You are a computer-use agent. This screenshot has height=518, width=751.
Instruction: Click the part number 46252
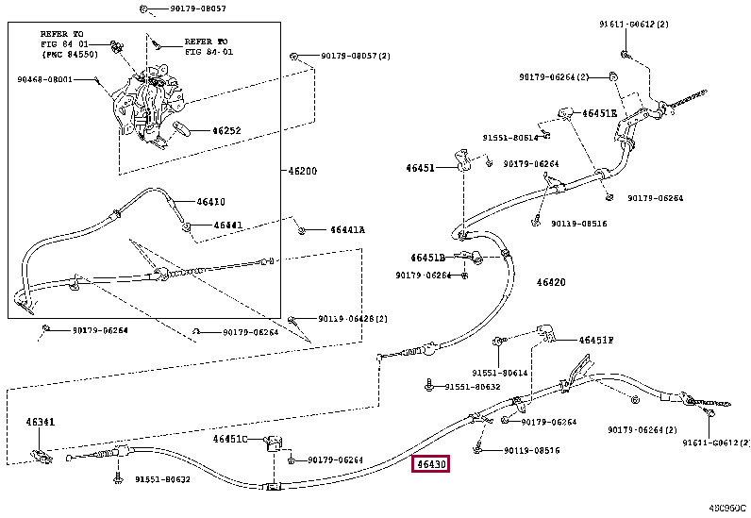[x=227, y=131]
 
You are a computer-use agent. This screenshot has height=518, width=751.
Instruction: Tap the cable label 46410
[x=210, y=201]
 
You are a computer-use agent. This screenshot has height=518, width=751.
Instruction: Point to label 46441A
[x=347, y=230]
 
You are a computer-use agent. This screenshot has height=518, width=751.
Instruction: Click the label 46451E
[x=599, y=113]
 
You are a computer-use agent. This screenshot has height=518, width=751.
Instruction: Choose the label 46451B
[x=427, y=257]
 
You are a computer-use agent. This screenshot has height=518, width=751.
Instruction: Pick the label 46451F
[x=596, y=340]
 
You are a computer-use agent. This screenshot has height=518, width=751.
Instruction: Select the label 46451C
[x=230, y=439]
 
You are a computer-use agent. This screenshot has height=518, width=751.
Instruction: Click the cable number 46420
[x=550, y=282]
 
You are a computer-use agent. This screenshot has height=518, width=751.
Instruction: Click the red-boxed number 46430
[x=431, y=464]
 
